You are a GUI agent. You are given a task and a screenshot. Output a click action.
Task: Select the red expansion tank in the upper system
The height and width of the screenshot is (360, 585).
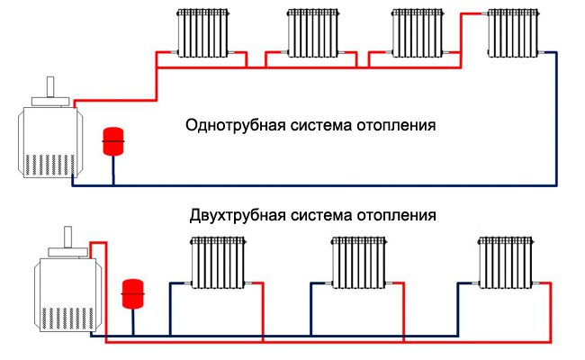coord(113,142)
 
